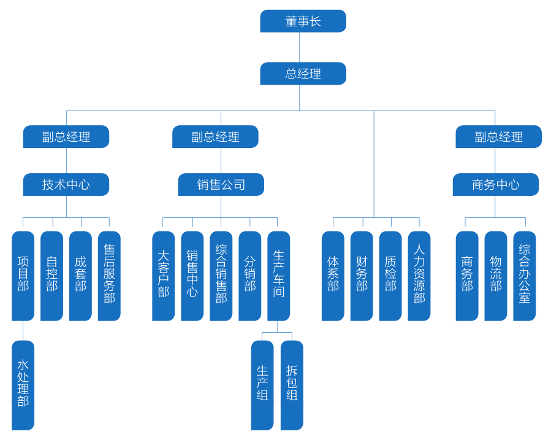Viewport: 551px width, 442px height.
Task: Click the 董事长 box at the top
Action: [303, 21]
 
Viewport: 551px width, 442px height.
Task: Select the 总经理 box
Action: [303, 74]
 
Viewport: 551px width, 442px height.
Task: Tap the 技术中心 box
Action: [66, 184]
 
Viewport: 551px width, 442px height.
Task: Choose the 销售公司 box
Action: [221, 184]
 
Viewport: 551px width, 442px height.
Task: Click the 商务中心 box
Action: [495, 184]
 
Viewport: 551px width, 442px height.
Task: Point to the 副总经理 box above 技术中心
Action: [66, 137]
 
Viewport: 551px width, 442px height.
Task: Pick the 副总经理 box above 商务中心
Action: [498, 137]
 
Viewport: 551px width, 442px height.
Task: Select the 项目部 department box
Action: [23, 276]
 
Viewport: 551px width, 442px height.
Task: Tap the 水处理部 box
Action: [23, 385]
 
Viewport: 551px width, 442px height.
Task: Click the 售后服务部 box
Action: [109, 276]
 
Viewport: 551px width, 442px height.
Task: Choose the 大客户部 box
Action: [163, 276]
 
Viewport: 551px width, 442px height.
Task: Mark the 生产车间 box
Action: [279, 276]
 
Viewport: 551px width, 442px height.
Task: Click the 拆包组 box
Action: [292, 385]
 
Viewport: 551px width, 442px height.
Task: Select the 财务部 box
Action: [362, 276]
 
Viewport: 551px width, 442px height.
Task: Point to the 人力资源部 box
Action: [419, 276]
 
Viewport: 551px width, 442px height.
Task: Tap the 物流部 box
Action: [496, 276]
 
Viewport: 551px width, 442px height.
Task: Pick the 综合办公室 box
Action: [525, 276]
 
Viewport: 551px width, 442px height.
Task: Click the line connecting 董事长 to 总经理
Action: [300, 47]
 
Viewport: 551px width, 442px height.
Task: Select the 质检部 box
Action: [390, 276]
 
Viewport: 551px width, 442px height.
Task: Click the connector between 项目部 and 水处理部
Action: [23, 330]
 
